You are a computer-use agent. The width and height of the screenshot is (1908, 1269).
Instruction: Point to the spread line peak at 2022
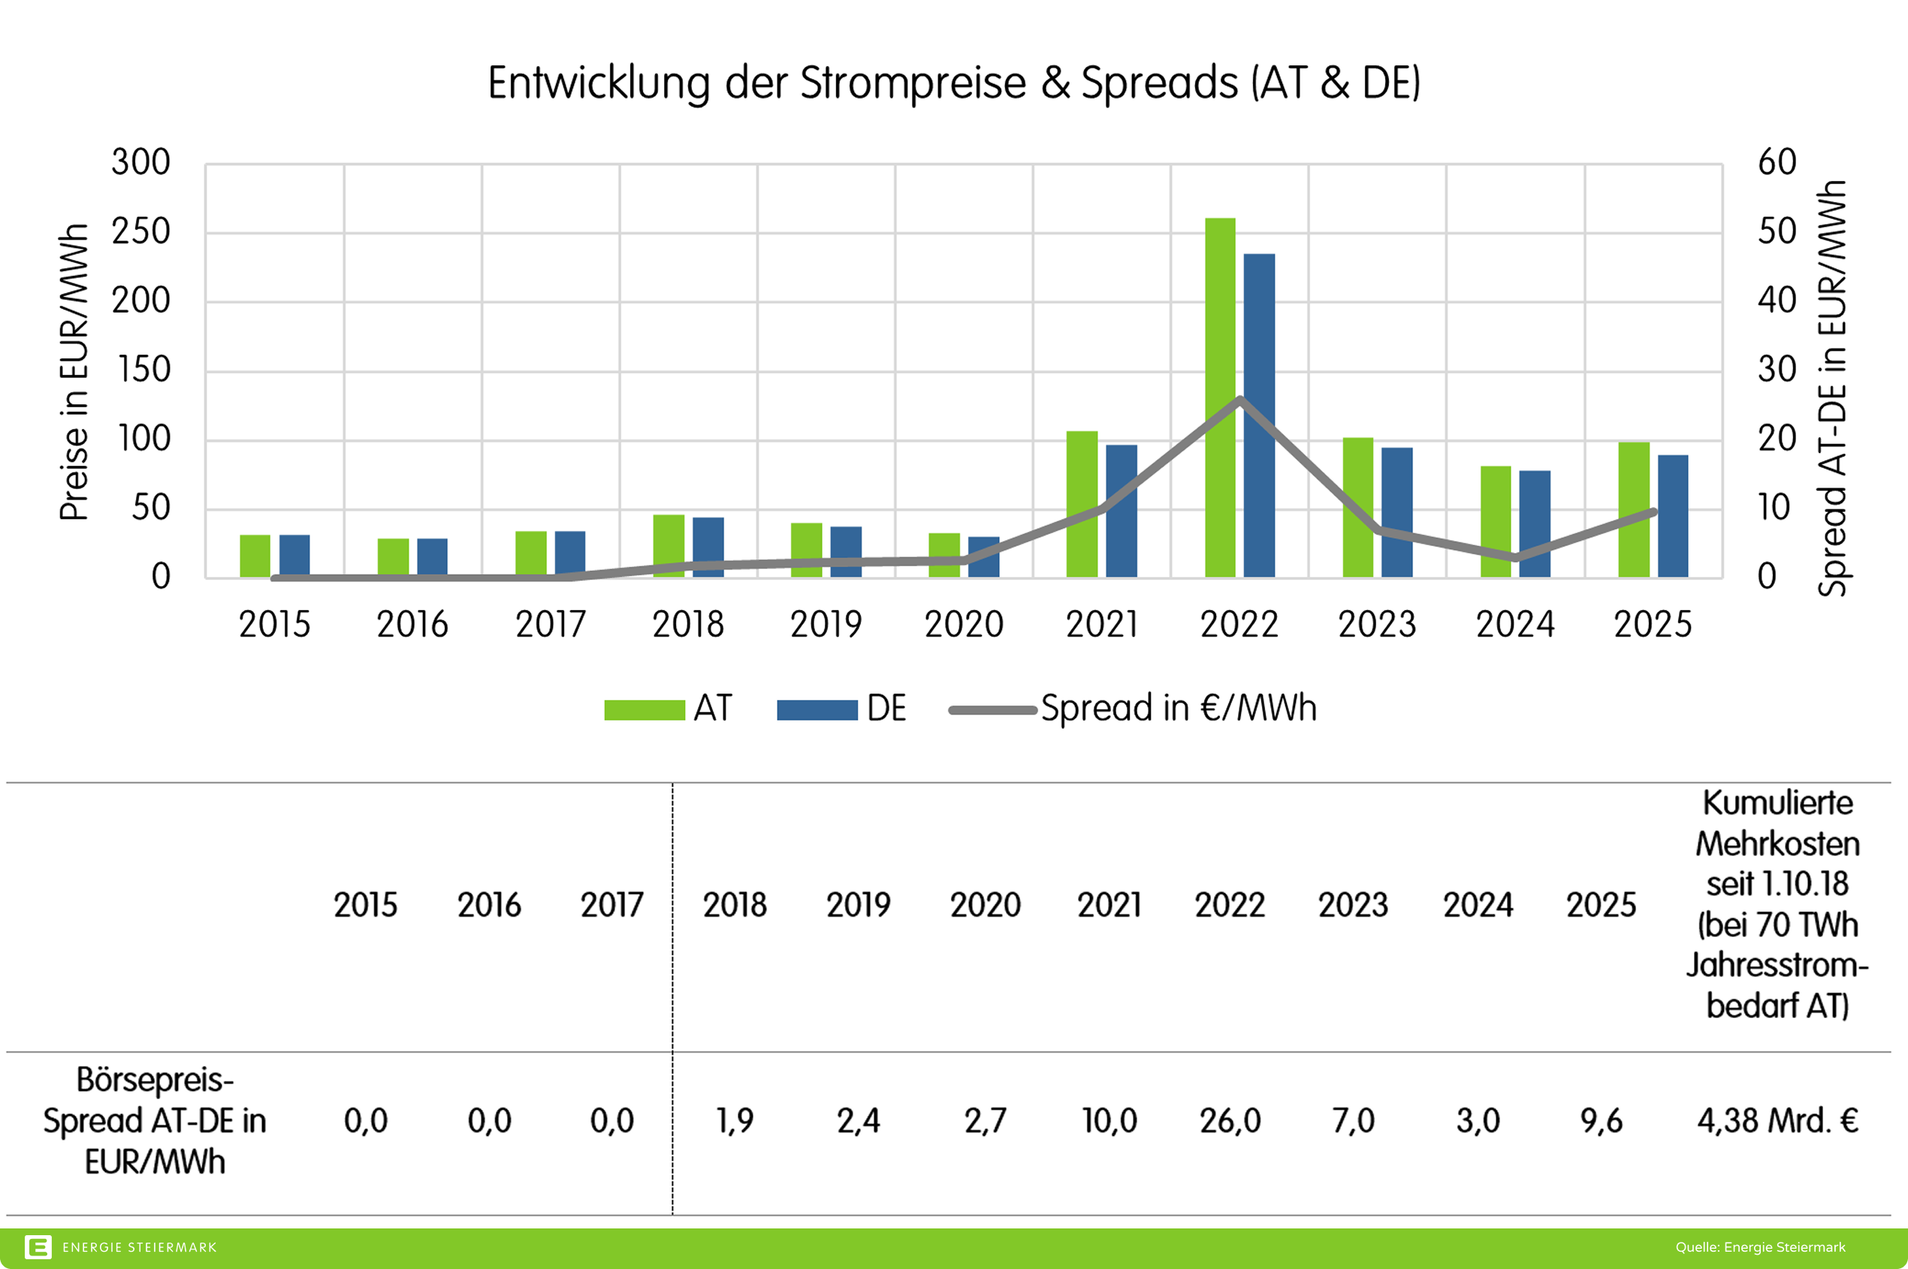[1239, 399]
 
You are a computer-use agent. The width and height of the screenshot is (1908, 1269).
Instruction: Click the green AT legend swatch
[644, 710]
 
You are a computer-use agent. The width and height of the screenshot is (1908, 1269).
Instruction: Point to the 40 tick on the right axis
[1777, 301]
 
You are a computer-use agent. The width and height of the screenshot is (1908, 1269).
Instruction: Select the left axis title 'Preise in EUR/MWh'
[74, 372]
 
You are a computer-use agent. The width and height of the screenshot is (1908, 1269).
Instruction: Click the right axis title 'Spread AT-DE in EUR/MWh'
[1833, 388]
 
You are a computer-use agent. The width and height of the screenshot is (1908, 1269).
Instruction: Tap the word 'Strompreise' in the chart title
[913, 83]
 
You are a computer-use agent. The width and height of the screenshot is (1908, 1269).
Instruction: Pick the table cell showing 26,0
[1230, 1121]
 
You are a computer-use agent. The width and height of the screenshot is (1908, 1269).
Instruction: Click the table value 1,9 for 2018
[735, 1121]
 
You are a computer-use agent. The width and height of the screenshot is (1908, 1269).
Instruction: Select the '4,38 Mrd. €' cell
[1777, 1121]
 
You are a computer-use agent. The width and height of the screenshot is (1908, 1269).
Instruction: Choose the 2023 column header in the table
[1353, 905]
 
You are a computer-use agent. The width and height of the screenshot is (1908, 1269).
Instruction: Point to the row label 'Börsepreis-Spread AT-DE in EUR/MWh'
[155, 1121]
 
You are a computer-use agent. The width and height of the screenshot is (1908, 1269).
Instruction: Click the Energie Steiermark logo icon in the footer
[38, 1247]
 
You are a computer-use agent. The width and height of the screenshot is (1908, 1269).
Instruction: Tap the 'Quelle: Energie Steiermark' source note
[1760, 1247]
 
